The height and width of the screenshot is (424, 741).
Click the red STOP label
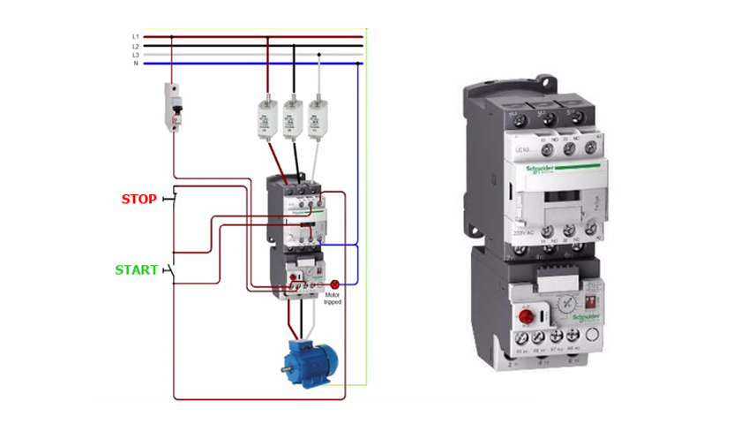coord(138,199)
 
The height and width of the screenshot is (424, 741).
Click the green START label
coord(137,269)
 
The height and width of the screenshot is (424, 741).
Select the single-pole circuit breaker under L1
coord(174,108)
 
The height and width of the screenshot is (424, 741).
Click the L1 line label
coord(136,37)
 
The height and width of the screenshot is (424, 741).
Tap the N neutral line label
coord(136,64)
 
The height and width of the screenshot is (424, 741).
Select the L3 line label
coord(136,55)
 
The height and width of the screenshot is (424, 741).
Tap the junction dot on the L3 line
coord(317,55)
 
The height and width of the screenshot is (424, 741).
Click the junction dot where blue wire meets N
coord(357,64)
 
